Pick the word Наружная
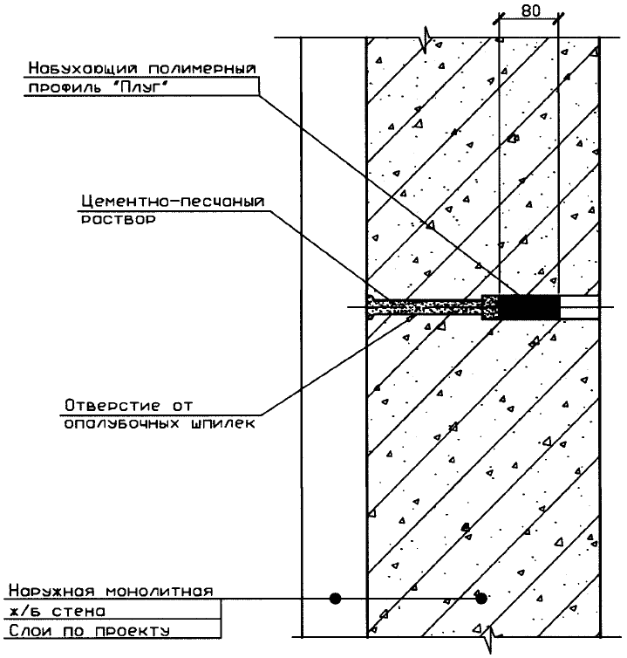48,590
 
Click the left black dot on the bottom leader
335,599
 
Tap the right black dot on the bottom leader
480,599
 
